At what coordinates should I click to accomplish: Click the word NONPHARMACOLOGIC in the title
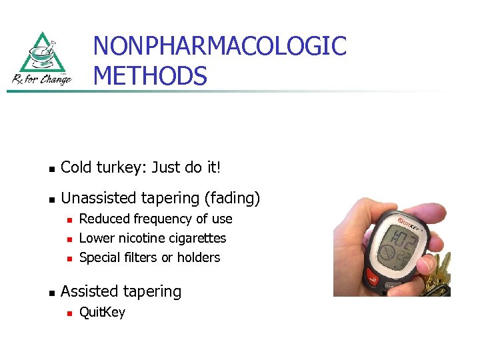219,46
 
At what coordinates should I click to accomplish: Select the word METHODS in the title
150,75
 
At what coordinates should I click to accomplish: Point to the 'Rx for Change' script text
41,79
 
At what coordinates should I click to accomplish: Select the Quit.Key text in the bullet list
102,312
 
